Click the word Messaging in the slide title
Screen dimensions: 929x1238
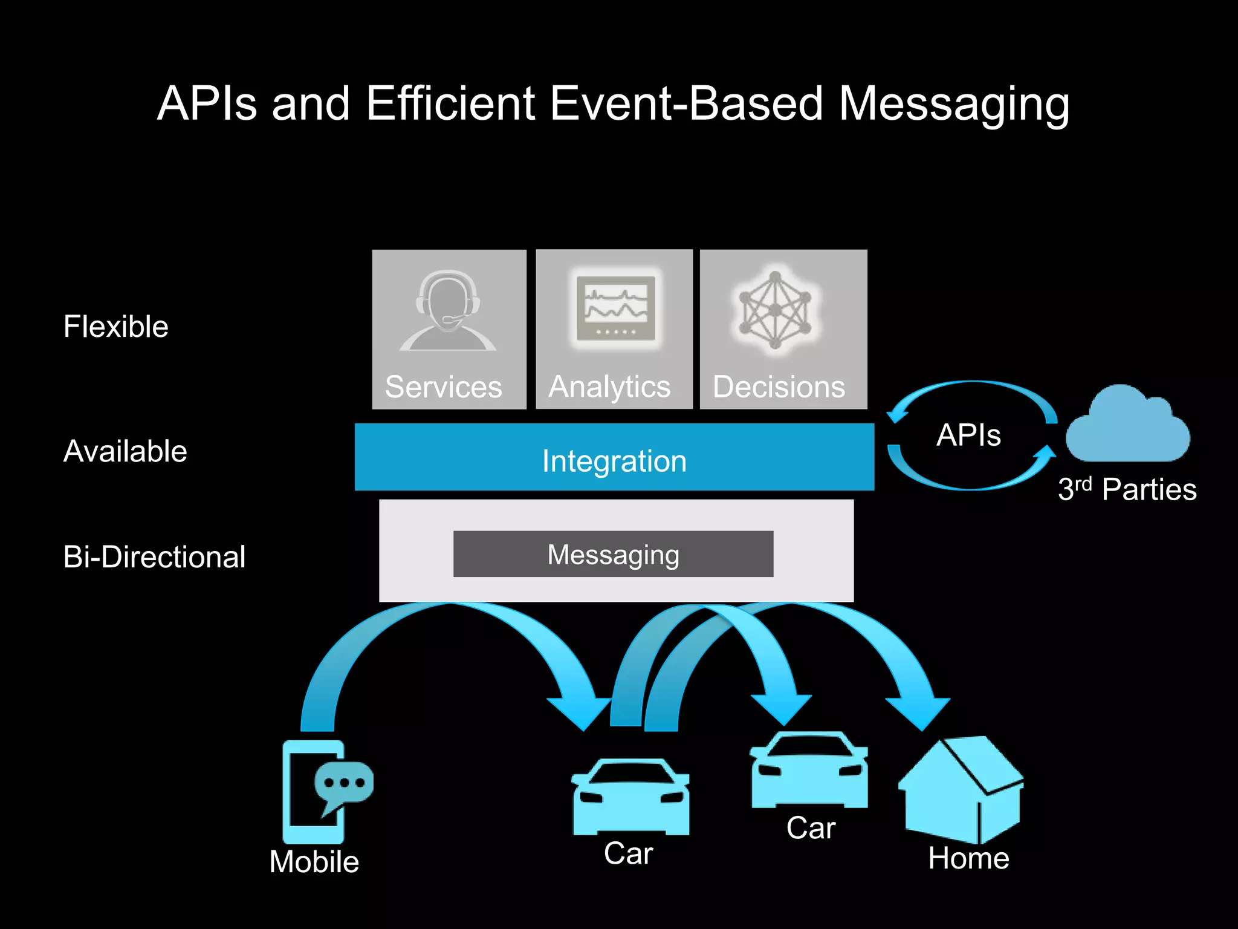(953, 104)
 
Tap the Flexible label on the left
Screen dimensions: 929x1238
(115, 327)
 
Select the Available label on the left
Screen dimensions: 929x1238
(125, 451)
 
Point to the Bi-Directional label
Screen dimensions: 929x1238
(154, 557)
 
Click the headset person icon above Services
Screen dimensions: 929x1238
(447, 311)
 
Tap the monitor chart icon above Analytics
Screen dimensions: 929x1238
(615, 308)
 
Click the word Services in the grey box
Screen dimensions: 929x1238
(443, 387)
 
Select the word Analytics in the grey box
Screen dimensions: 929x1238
(609, 387)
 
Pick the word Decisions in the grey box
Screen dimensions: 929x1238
(779, 387)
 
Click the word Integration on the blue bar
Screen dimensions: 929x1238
(614, 461)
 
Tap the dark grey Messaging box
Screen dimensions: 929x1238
(613, 554)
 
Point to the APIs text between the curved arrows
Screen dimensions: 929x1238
(968, 435)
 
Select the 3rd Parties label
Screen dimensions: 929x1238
(1127, 489)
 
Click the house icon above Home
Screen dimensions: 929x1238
(961, 790)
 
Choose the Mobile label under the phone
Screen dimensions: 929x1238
(314, 862)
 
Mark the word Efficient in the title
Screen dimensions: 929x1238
(450, 104)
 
